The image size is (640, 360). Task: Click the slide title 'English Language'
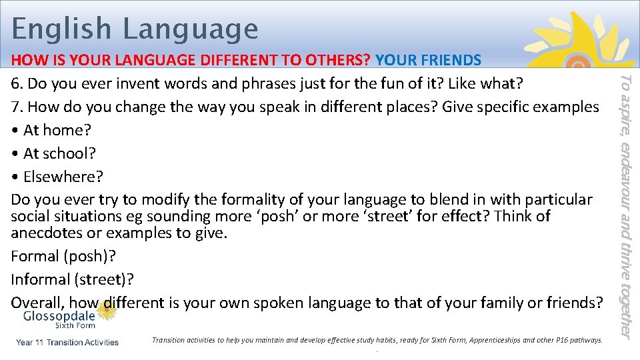135,29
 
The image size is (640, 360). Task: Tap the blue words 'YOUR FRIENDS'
428,60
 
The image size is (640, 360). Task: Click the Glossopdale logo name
59,316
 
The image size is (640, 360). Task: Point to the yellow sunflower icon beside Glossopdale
105,311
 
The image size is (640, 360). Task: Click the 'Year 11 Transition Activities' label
67,342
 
